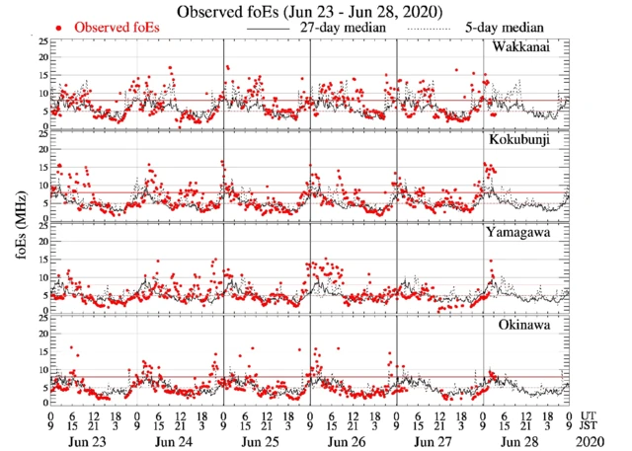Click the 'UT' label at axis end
[590, 415]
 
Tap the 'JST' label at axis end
[591, 426]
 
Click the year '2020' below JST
[591, 442]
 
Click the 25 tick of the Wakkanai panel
[42, 42]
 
